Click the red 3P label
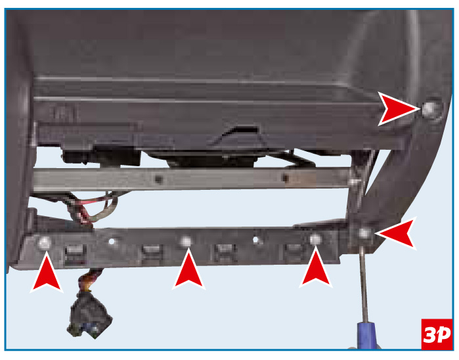tap(437, 334)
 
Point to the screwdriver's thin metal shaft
tap(363, 284)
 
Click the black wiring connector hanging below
tap(89, 315)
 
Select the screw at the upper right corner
tap(429, 109)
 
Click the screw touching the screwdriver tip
tap(364, 233)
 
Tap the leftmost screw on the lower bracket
tap(45, 242)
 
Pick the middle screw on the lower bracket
tap(186, 241)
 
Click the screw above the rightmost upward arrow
tap(315, 239)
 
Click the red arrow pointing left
tap(396, 233)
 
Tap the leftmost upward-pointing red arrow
tap(47, 273)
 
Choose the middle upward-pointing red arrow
tap(189, 269)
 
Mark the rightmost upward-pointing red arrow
tap(316, 267)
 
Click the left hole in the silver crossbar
tap(159, 179)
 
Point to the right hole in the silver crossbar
tap(285, 177)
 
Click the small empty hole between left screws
tap(112, 241)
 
